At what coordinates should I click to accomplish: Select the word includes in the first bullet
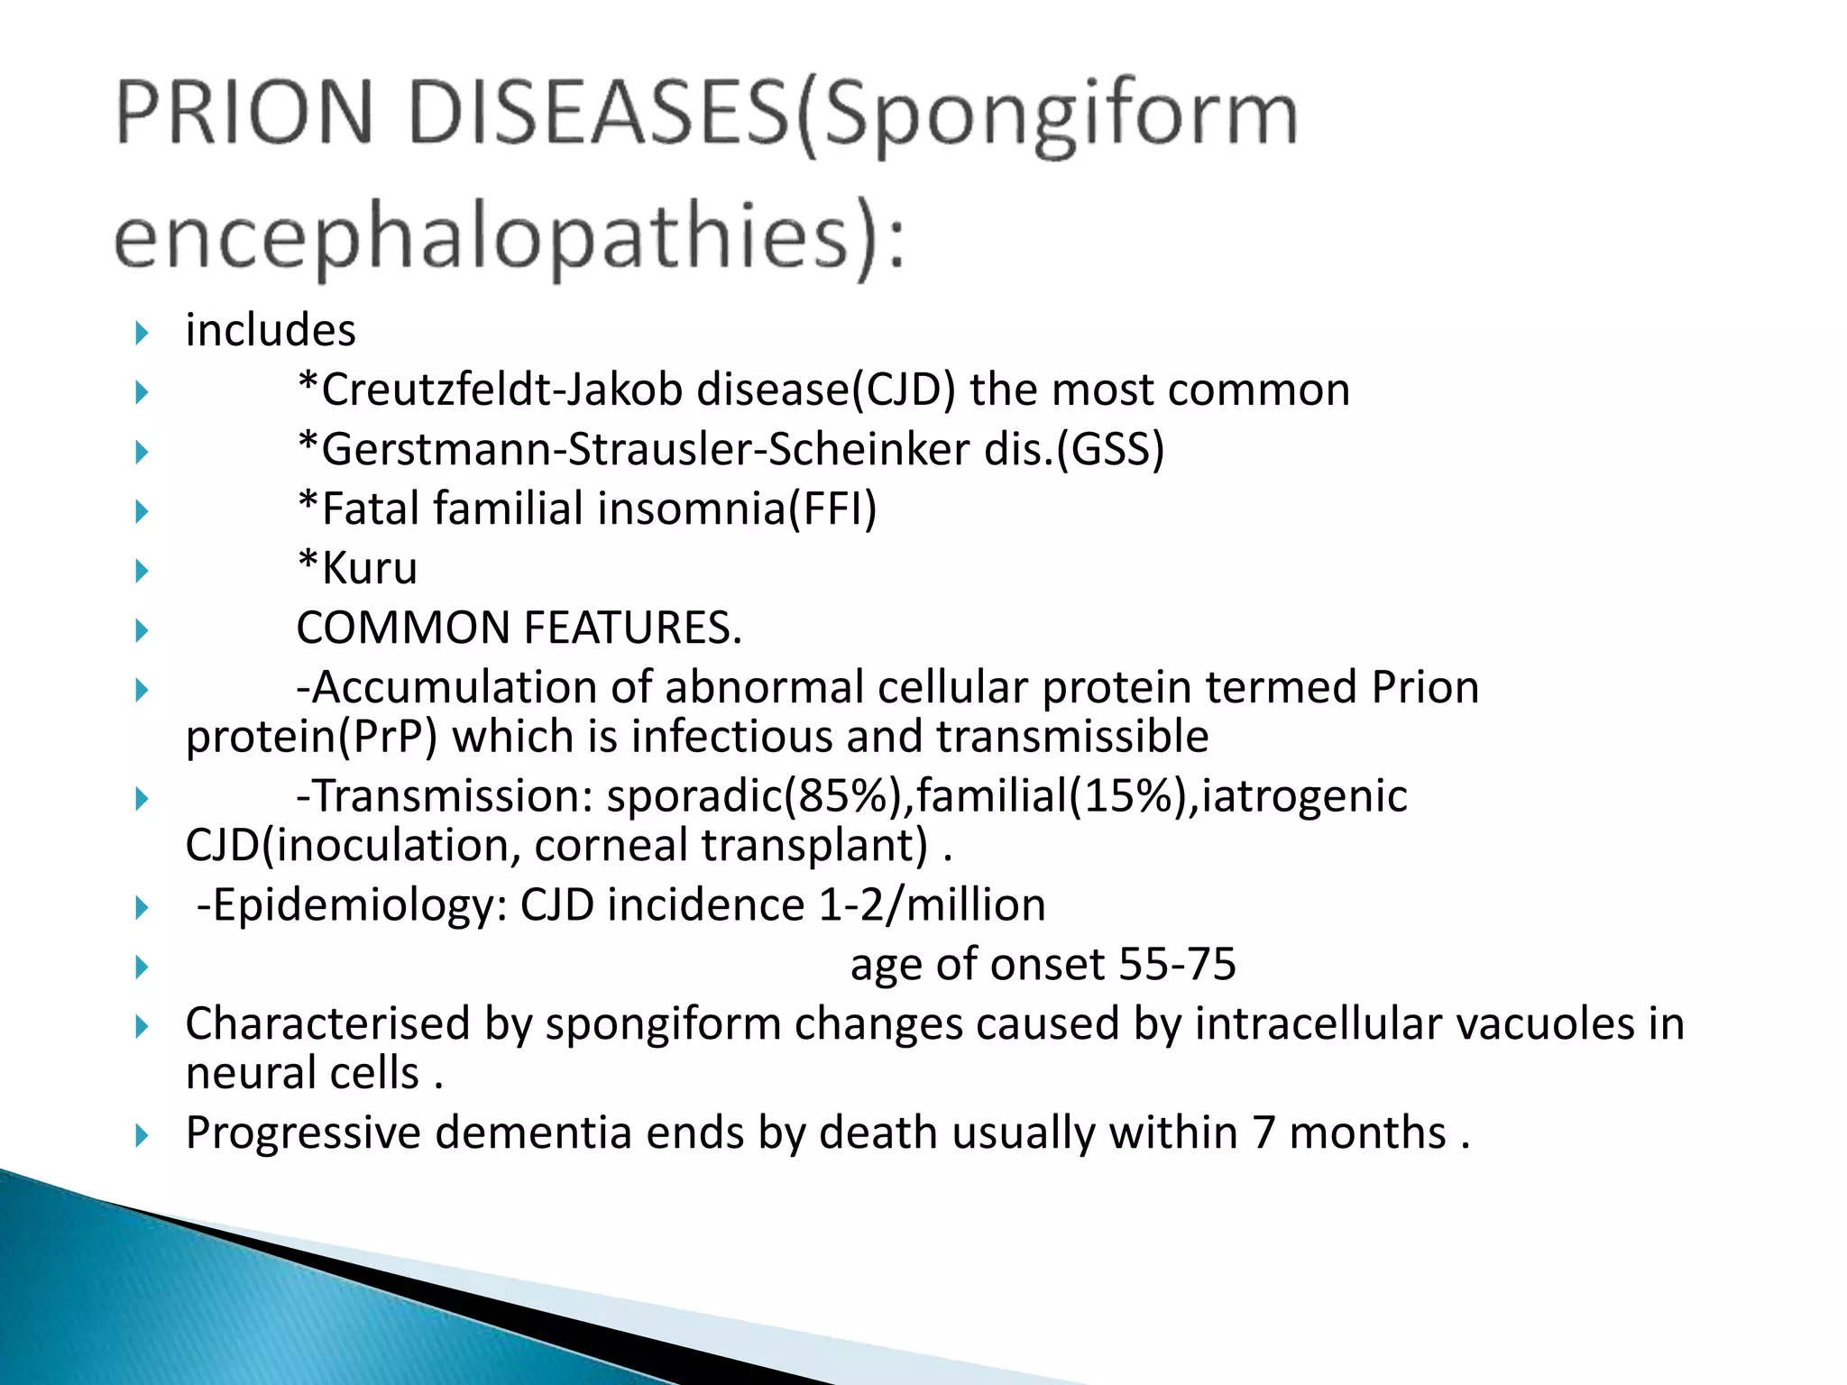click(271, 330)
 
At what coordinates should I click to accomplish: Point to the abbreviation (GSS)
click(1111, 450)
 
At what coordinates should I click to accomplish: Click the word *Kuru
click(357, 569)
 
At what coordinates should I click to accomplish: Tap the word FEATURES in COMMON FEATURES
click(631, 628)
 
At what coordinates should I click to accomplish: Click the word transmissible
click(1072, 737)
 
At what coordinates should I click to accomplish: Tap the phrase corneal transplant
click(731, 846)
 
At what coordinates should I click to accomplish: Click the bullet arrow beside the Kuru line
click(142, 571)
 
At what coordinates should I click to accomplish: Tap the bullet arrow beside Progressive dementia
click(142, 1135)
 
